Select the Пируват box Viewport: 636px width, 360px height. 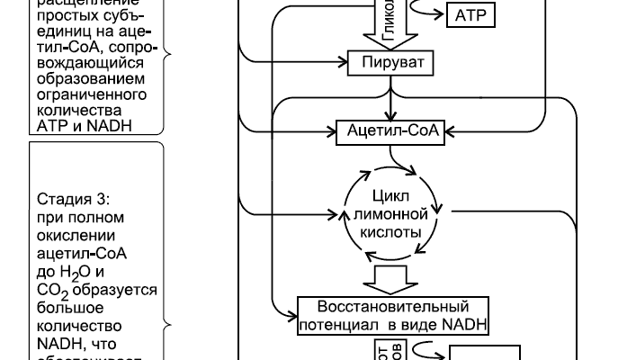pyautogui.click(x=390, y=63)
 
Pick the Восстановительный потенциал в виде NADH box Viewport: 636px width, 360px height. pyautogui.click(x=392, y=316)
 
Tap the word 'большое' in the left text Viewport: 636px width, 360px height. pyautogui.click(x=65, y=309)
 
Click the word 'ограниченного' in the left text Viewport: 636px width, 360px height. pyautogui.click(x=88, y=94)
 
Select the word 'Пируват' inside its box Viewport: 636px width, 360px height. pyautogui.click(x=390, y=63)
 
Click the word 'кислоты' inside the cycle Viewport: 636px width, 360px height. pyautogui.click(x=390, y=231)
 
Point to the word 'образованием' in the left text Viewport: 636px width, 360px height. pyautogui.click(x=85, y=77)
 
